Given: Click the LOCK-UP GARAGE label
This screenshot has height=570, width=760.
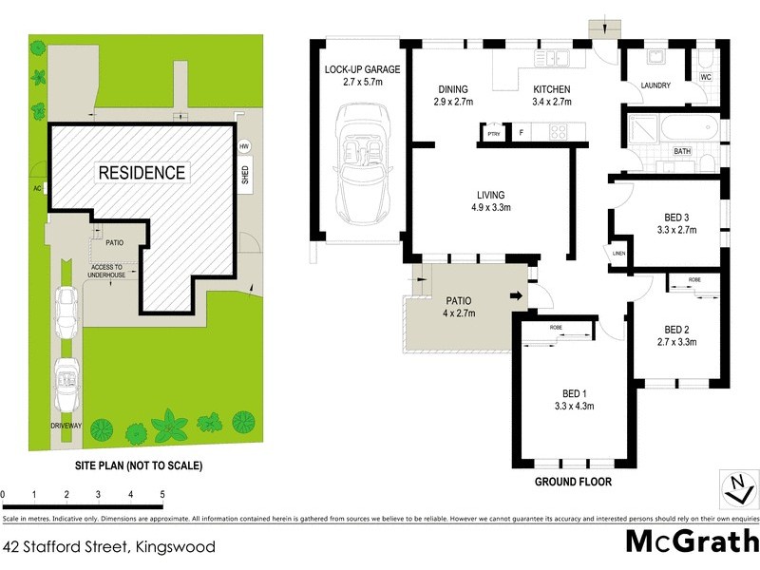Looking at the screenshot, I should point(362,70).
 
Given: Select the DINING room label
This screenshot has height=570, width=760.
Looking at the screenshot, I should point(453,87).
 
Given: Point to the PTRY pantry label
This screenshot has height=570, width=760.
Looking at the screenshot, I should point(493,135).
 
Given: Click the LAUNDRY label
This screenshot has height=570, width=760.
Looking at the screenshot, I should point(655,85).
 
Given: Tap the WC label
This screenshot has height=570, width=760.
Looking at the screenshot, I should point(705,77).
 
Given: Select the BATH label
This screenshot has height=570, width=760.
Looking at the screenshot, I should point(682,151).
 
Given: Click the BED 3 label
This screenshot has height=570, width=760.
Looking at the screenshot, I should point(677,217).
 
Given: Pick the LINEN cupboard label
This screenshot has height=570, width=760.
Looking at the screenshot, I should point(618,253).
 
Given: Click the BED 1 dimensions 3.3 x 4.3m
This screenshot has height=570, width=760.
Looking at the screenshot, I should point(573,407).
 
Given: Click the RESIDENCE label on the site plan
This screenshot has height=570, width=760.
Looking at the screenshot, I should point(141,173).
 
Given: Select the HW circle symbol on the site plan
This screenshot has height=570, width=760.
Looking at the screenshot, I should point(244,145).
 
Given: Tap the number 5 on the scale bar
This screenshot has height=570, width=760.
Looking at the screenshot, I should point(162,495).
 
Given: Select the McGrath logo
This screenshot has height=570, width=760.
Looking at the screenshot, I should point(692,542).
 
